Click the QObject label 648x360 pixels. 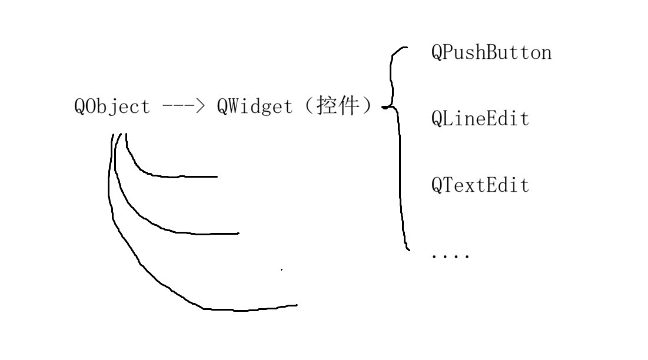(x=112, y=107)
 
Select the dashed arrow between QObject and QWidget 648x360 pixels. (x=183, y=107)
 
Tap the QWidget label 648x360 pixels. (x=254, y=107)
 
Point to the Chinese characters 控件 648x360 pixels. (x=337, y=106)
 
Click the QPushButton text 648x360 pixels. (x=491, y=53)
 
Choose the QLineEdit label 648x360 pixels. (x=480, y=119)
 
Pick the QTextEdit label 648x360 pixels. (x=480, y=185)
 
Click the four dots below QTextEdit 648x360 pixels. (x=450, y=256)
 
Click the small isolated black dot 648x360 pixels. (x=281, y=269)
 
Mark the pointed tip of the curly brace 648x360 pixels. (x=384, y=107)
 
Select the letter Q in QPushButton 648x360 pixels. (x=437, y=53)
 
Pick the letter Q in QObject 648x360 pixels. (x=80, y=107)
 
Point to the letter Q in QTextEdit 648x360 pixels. (x=437, y=185)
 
